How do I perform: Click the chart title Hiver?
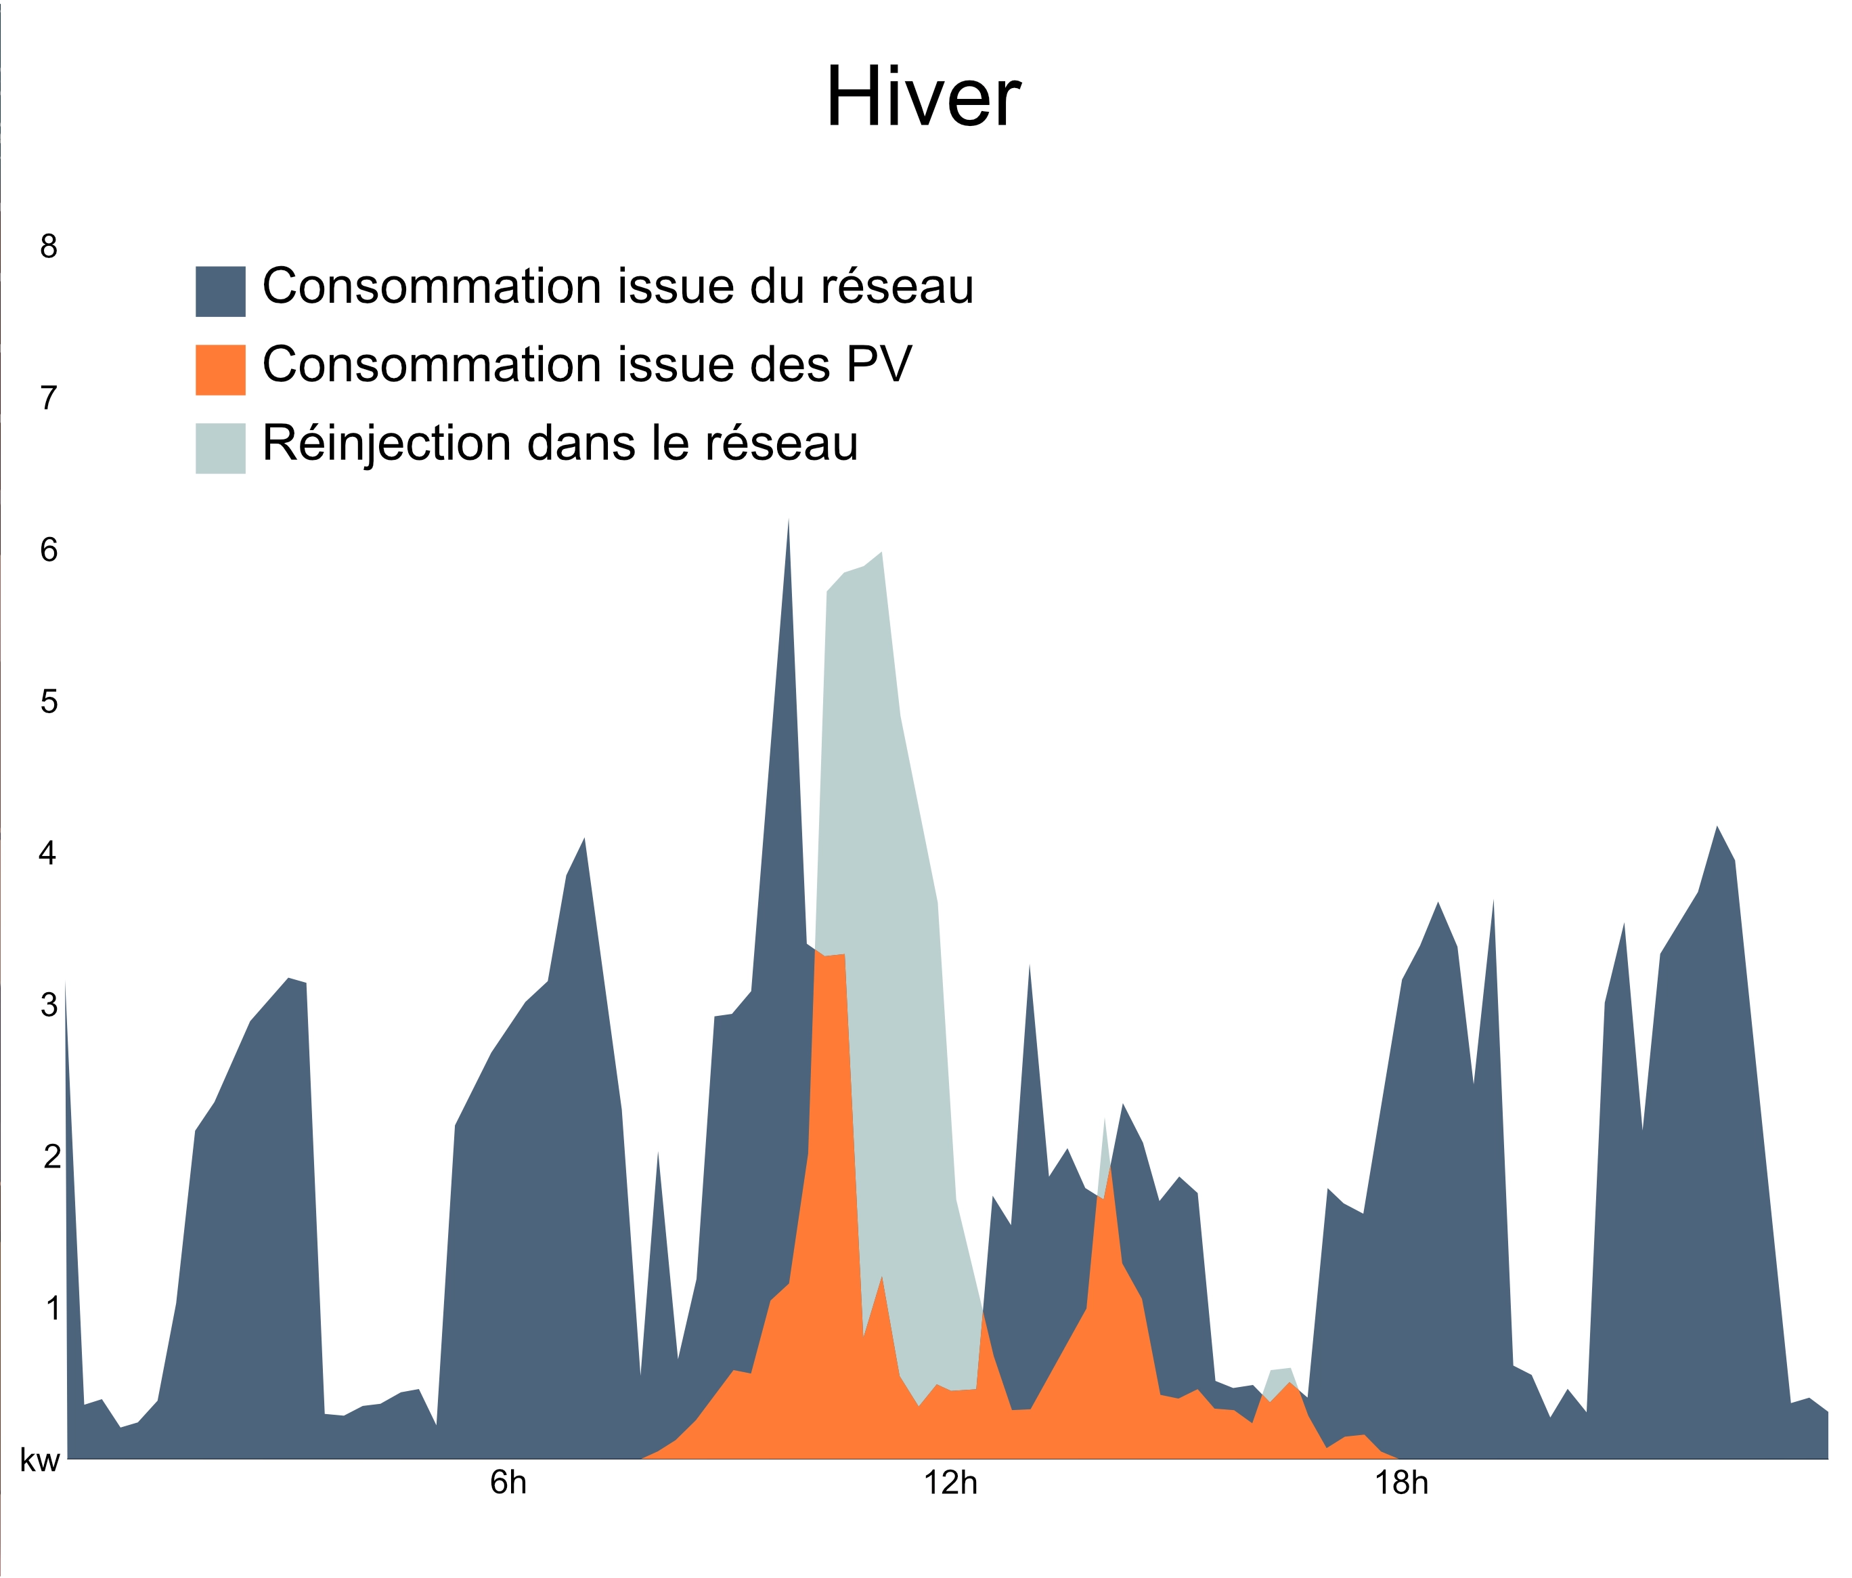click(923, 98)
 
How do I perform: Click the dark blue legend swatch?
click(220, 291)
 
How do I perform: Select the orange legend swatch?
click(220, 369)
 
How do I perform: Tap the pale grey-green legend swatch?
click(220, 448)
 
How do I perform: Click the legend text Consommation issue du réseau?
click(617, 287)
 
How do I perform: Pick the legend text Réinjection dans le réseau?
click(560, 444)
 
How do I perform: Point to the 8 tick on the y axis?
click(48, 246)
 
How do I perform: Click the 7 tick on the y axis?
click(48, 398)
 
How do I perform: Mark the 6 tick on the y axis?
click(48, 550)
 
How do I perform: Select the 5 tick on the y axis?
click(48, 702)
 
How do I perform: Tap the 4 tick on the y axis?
click(48, 854)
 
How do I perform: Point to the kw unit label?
click(40, 1462)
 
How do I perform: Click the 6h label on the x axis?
click(508, 1484)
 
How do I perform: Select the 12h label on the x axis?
click(950, 1484)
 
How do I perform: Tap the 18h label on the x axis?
click(1401, 1484)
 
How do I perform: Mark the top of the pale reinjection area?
click(881, 553)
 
